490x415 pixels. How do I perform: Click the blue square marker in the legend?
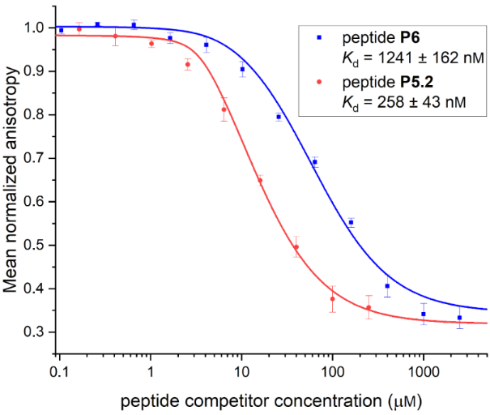click(322, 37)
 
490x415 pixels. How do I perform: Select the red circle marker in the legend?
click(322, 82)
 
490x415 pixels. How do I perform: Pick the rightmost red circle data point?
click(369, 307)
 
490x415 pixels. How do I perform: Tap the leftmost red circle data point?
click(79, 29)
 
